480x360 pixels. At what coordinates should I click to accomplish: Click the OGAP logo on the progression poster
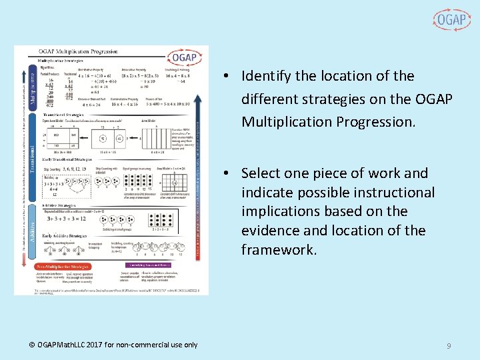click(183, 57)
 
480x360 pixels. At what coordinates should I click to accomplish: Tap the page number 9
click(449, 346)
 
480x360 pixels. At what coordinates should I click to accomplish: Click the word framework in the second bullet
click(277, 250)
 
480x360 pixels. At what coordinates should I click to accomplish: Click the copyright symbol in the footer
click(32, 345)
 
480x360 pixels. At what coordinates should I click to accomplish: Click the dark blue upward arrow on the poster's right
click(197, 167)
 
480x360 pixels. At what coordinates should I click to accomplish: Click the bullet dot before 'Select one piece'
click(227, 173)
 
